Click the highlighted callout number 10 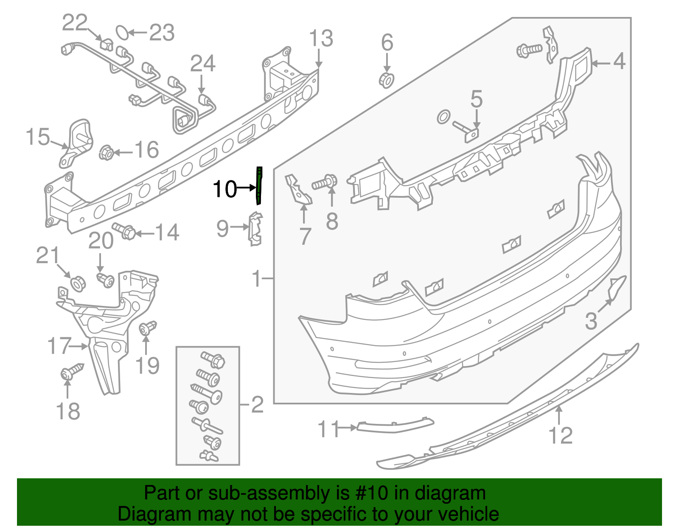(224, 189)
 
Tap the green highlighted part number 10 (259, 185)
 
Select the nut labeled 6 (386, 80)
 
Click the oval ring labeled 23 (122, 32)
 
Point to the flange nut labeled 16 (106, 152)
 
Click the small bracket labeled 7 (299, 191)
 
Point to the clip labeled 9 (255, 229)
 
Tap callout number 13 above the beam (321, 39)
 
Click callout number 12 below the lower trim (560, 436)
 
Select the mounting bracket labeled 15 (76, 142)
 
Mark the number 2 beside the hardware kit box (257, 405)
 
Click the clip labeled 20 (106, 280)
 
